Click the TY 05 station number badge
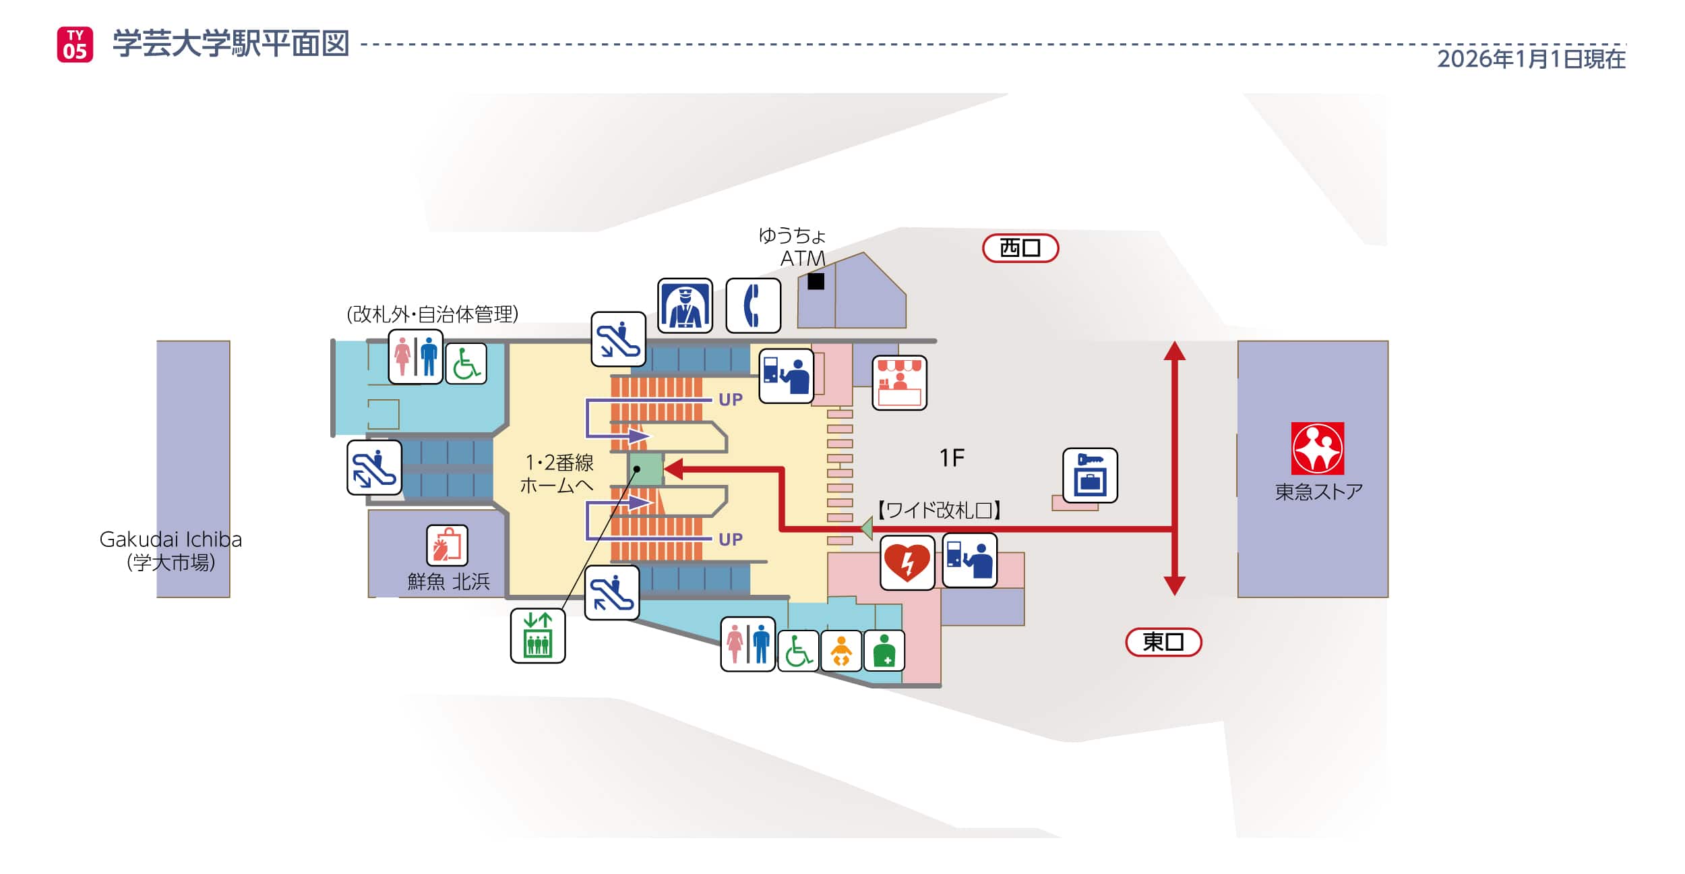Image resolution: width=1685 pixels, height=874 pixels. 75,45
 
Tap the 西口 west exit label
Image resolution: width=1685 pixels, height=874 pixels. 1020,248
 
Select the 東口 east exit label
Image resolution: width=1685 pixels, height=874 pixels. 1163,641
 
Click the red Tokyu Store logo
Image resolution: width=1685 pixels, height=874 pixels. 1317,448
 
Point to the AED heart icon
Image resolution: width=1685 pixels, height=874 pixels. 907,562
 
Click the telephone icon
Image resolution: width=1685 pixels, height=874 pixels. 753,305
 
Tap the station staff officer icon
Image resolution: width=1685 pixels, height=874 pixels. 685,305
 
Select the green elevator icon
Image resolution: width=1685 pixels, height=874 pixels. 537,635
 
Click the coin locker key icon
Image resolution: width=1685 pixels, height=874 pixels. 1090,475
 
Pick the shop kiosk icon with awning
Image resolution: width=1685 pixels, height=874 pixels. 899,383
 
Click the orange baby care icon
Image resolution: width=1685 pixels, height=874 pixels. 840,651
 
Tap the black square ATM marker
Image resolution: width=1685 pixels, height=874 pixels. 816,281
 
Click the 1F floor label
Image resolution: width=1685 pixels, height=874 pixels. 952,459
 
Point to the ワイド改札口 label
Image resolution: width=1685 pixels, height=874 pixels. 939,510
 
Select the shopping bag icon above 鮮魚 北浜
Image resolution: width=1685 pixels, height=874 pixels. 447,545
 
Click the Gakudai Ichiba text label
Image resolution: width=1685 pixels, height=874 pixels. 171,540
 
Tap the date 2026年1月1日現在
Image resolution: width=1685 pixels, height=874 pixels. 1531,59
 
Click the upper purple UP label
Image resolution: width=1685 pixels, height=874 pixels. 730,400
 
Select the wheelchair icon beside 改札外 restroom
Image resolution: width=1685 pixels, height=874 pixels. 466,363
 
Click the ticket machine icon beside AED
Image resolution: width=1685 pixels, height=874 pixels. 969,560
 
